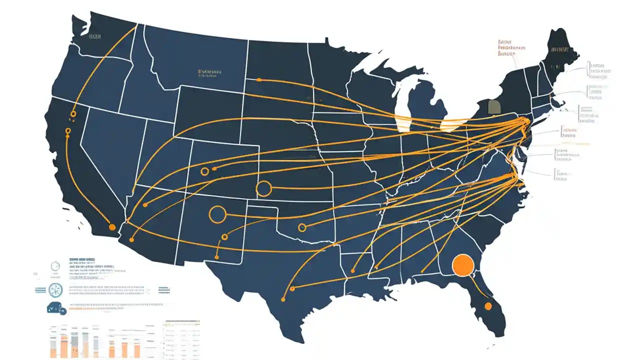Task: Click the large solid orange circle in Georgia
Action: (462, 265)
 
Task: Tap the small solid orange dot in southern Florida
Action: (488, 306)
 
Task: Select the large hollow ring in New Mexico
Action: (217, 214)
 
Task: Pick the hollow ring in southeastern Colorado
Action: (263, 188)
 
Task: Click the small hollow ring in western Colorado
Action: (204, 171)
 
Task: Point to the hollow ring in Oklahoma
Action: (301, 227)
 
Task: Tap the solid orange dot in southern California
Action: (112, 227)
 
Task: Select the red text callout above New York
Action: (512, 48)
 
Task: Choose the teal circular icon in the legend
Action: (55, 289)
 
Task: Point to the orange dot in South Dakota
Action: (258, 79)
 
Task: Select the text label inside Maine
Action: (560, 49)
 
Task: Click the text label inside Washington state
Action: (94, 36)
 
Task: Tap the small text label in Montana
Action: (209, 72)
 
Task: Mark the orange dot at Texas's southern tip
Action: (283, 299)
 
